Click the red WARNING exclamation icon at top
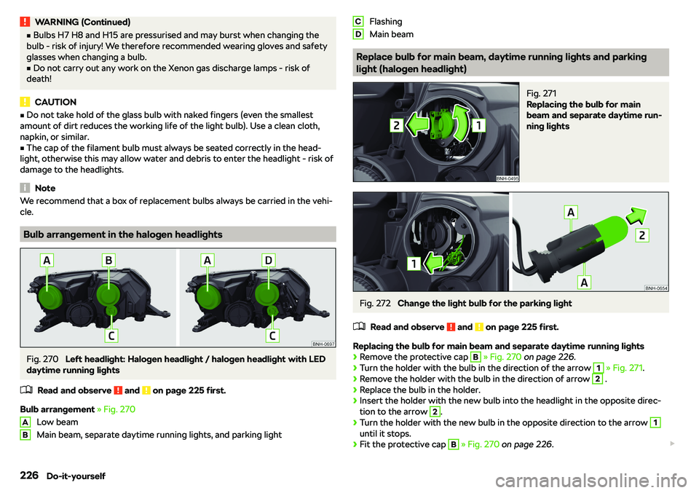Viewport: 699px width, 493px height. point(25,21)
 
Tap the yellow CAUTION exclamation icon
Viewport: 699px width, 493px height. point(25,102)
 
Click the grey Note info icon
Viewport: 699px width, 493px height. point(25,188)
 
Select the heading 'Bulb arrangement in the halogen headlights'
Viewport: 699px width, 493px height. point(122,234)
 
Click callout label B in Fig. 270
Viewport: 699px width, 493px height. point(108,260)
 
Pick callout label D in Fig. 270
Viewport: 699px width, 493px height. point(269,260)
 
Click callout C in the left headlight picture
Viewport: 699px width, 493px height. point(111,336)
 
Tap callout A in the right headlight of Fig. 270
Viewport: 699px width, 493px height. point(207,260)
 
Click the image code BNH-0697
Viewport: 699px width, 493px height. point(323,344)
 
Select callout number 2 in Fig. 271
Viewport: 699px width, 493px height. point(396,125)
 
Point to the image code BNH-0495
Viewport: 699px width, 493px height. point(508,178)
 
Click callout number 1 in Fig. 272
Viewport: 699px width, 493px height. point(414,264)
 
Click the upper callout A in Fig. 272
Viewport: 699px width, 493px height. point(571,212)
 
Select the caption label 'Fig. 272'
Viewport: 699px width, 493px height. point(375,303)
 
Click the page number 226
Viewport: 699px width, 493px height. point(29,476)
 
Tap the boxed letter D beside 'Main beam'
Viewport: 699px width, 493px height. point(358,34)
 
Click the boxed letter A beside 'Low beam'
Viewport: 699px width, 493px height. point(25,422)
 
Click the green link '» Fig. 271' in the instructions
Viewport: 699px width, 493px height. point(625,368)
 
